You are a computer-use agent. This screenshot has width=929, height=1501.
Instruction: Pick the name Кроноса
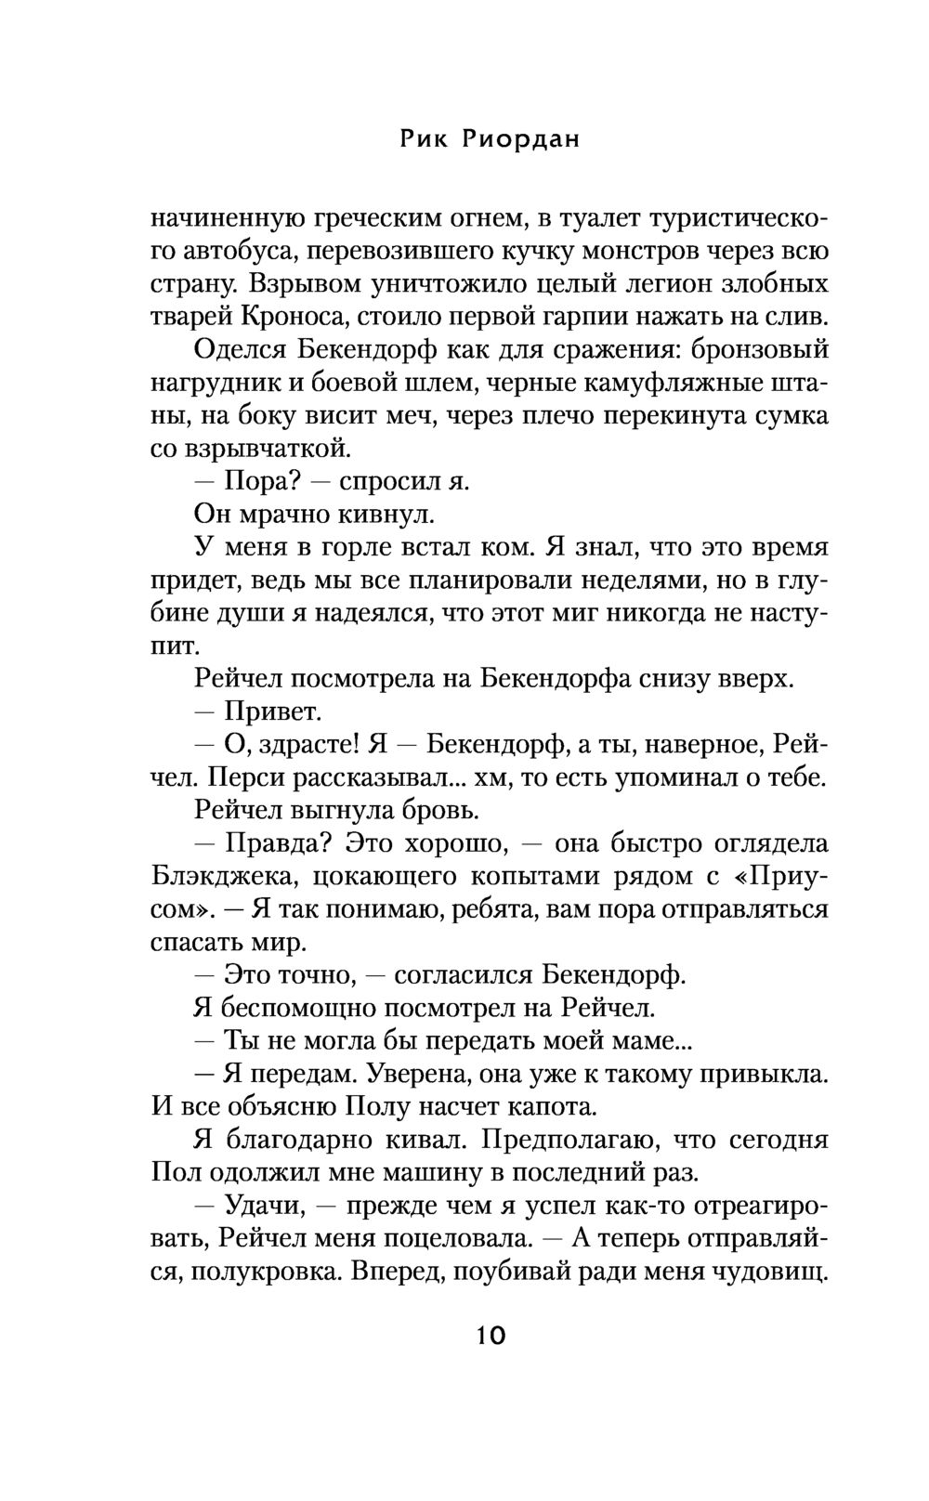pos(295,317)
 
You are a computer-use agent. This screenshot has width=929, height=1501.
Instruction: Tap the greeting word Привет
pos(274,712)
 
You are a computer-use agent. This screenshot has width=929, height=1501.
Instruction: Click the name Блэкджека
pos(221,877)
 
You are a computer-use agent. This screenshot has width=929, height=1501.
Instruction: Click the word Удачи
pos(264,1206)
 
